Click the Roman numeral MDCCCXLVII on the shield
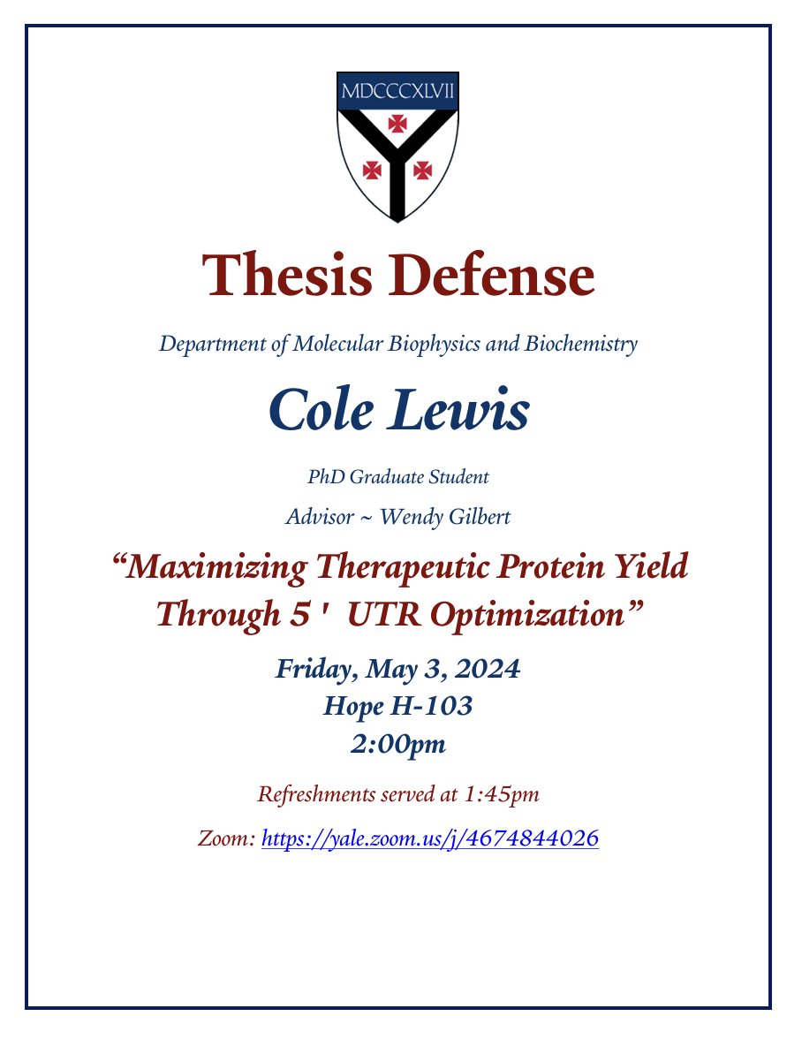397,92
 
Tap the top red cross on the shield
397,125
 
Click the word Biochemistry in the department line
580,344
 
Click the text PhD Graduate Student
397,477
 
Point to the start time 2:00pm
397,745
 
